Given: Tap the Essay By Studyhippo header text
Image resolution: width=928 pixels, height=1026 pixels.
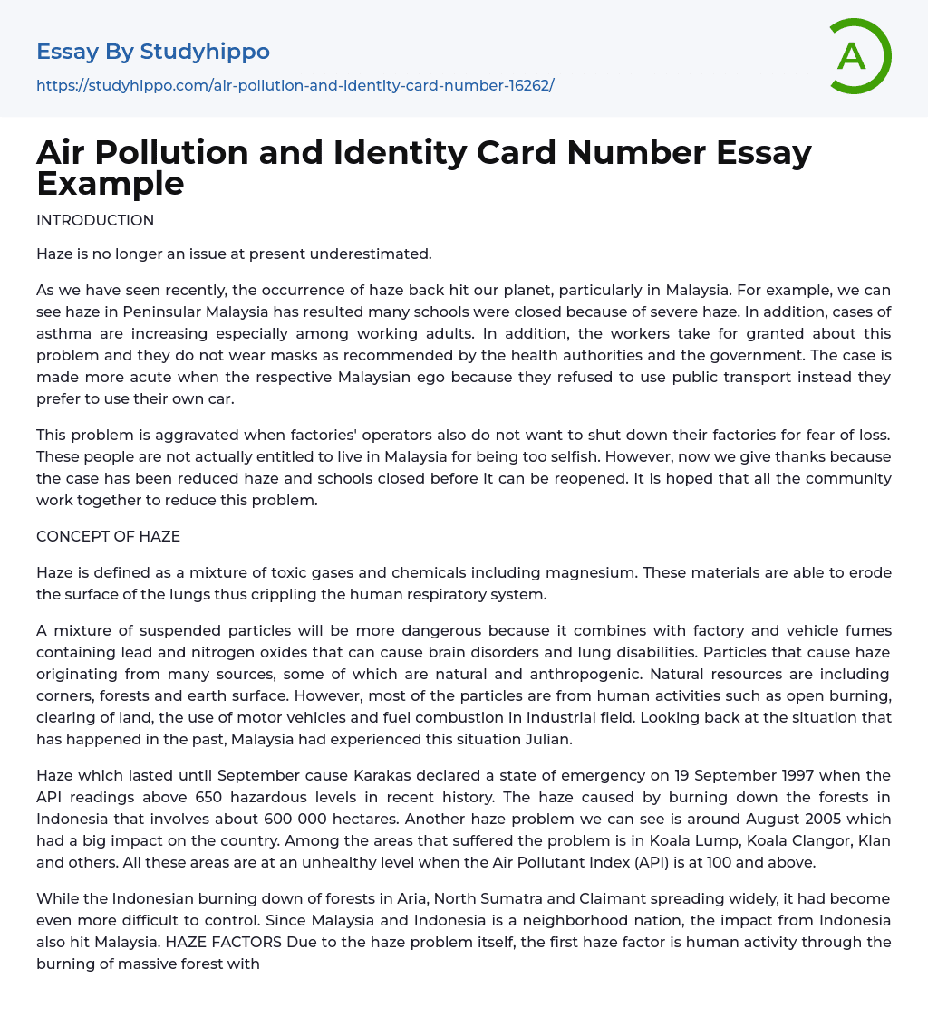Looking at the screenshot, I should coord(153,52).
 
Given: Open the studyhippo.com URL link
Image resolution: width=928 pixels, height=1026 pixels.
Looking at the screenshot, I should coord(295,85).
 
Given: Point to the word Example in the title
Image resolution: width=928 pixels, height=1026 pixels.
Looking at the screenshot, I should coord(111,183).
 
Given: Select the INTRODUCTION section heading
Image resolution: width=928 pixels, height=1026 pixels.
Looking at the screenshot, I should coord(95,220).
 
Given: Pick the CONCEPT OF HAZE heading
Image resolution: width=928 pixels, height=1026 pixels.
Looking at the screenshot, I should coord(108,536).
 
